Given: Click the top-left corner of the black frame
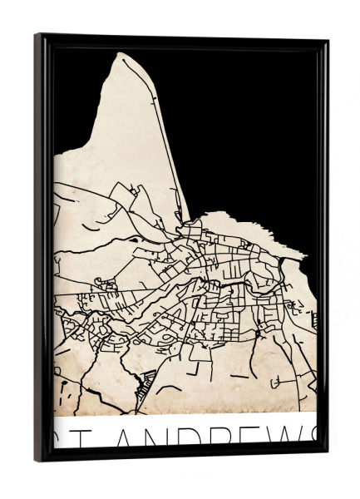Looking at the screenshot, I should pos(37,35).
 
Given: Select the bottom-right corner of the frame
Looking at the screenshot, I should pos(327,453).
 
